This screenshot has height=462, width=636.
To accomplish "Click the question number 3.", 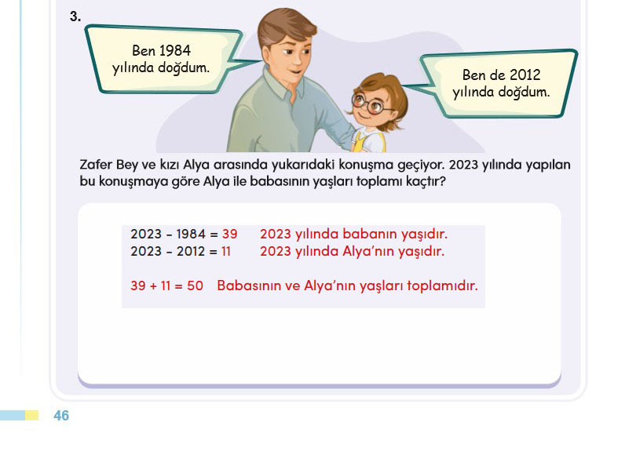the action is [75, 16].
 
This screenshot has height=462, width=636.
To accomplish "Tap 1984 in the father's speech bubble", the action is [174, 51].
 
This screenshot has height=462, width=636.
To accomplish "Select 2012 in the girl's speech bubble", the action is [525, 75].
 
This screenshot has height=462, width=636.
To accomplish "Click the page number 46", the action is [61, 416].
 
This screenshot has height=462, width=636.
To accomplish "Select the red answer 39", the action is [229, 234].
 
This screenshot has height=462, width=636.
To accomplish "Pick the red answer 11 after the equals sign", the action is [226, 251].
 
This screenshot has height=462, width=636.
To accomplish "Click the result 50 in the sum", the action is [195, 286].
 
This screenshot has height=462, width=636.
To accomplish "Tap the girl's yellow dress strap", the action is [359, 142].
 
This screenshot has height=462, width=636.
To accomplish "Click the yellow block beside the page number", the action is [32, 416].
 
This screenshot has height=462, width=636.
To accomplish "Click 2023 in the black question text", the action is [464, 165].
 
